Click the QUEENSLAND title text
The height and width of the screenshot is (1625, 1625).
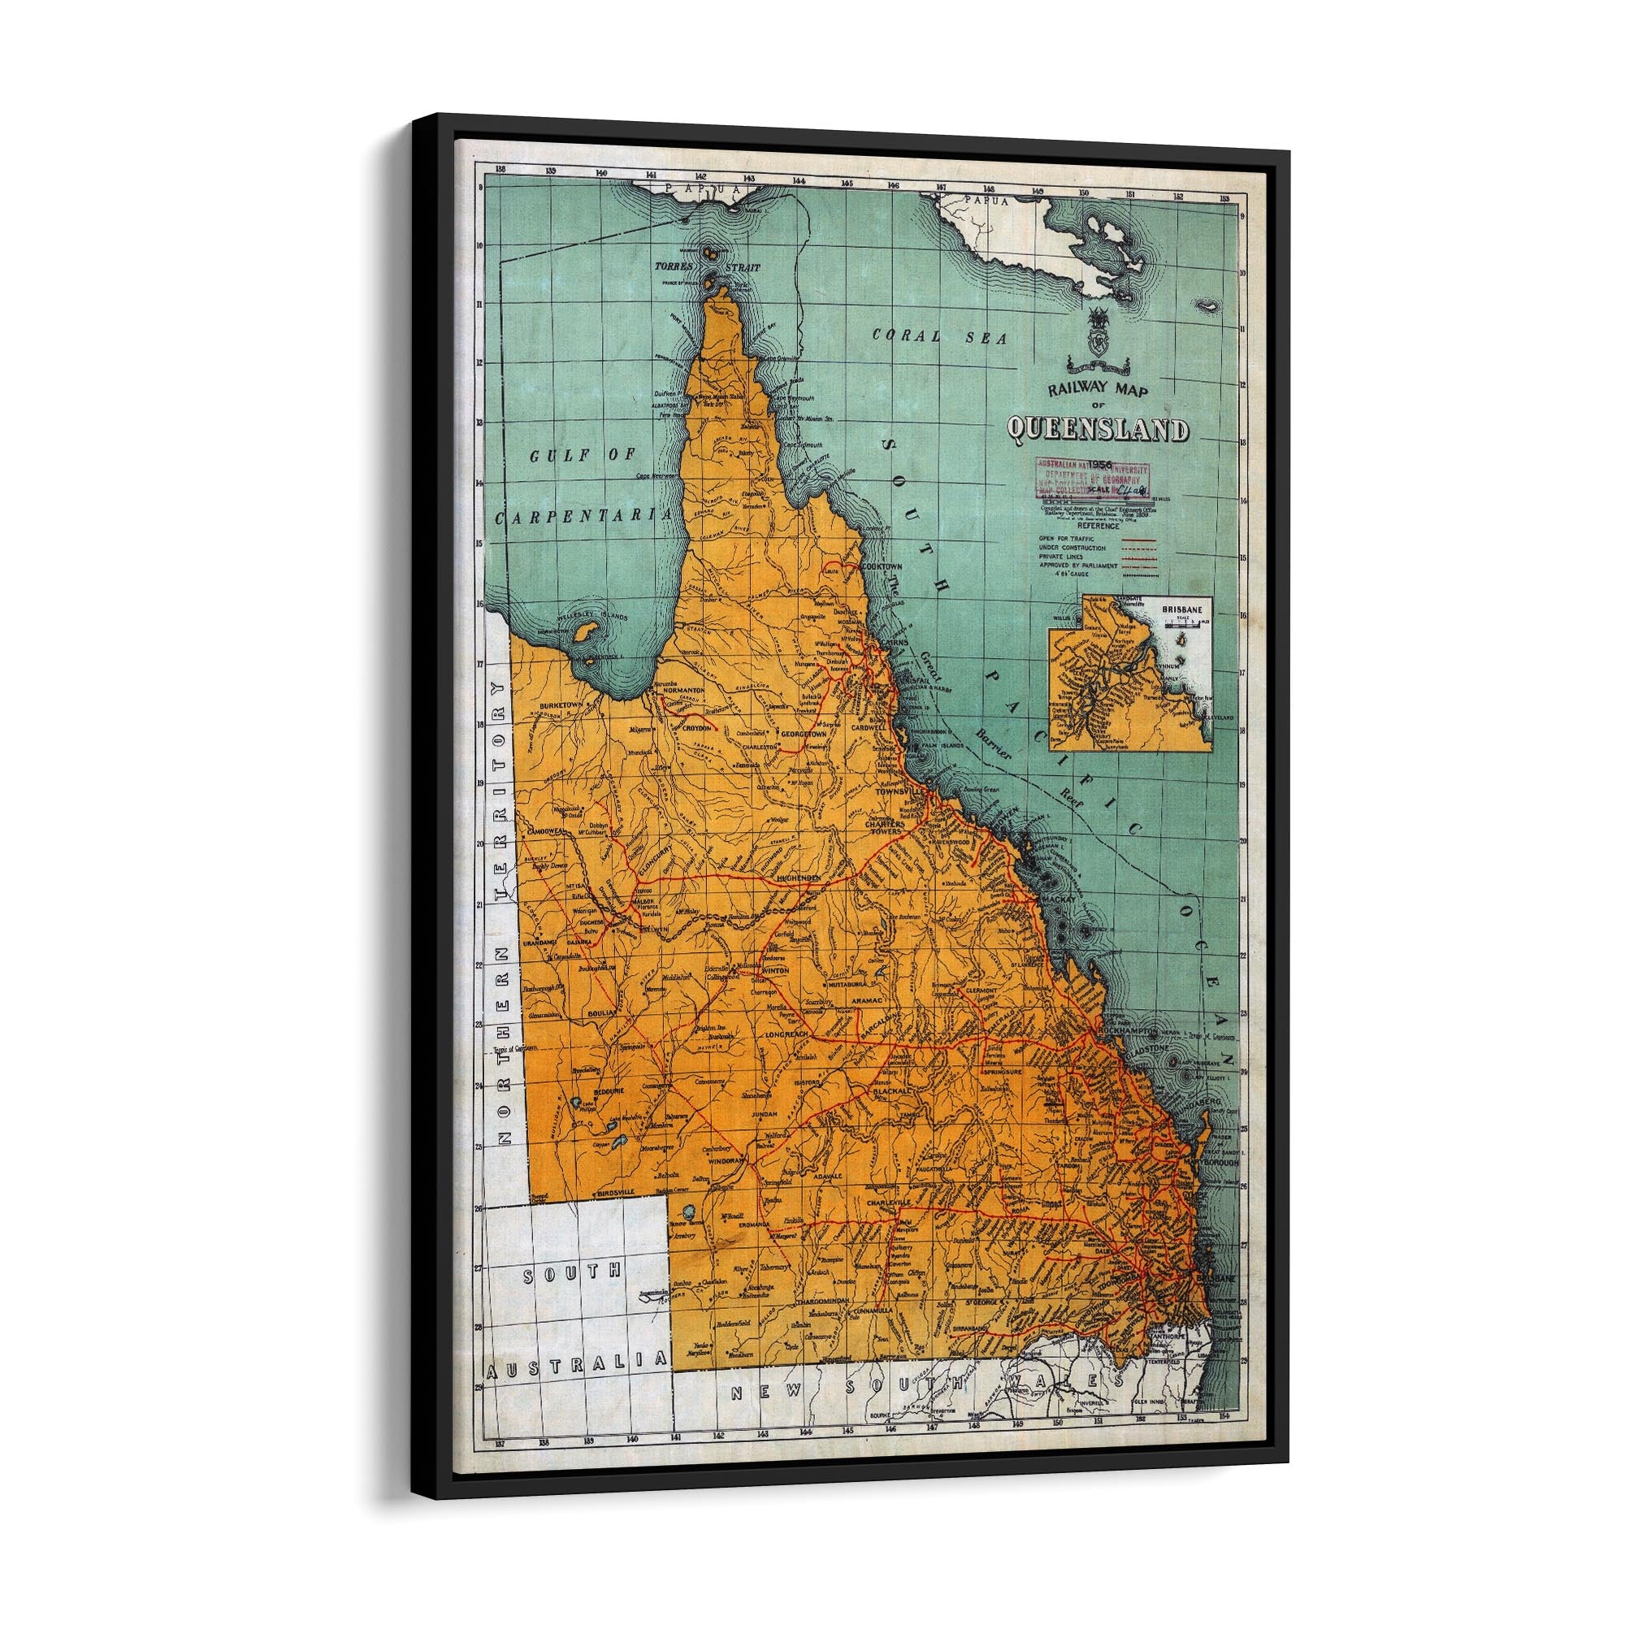1098,430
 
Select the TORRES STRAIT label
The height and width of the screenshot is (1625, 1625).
707,266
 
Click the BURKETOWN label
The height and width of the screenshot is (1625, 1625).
563,704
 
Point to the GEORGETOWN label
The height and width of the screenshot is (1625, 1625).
806,734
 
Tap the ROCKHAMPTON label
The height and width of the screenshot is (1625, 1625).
1122,1031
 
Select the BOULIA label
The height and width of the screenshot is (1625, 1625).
602,1013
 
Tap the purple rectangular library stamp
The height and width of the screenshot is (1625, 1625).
1092,478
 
